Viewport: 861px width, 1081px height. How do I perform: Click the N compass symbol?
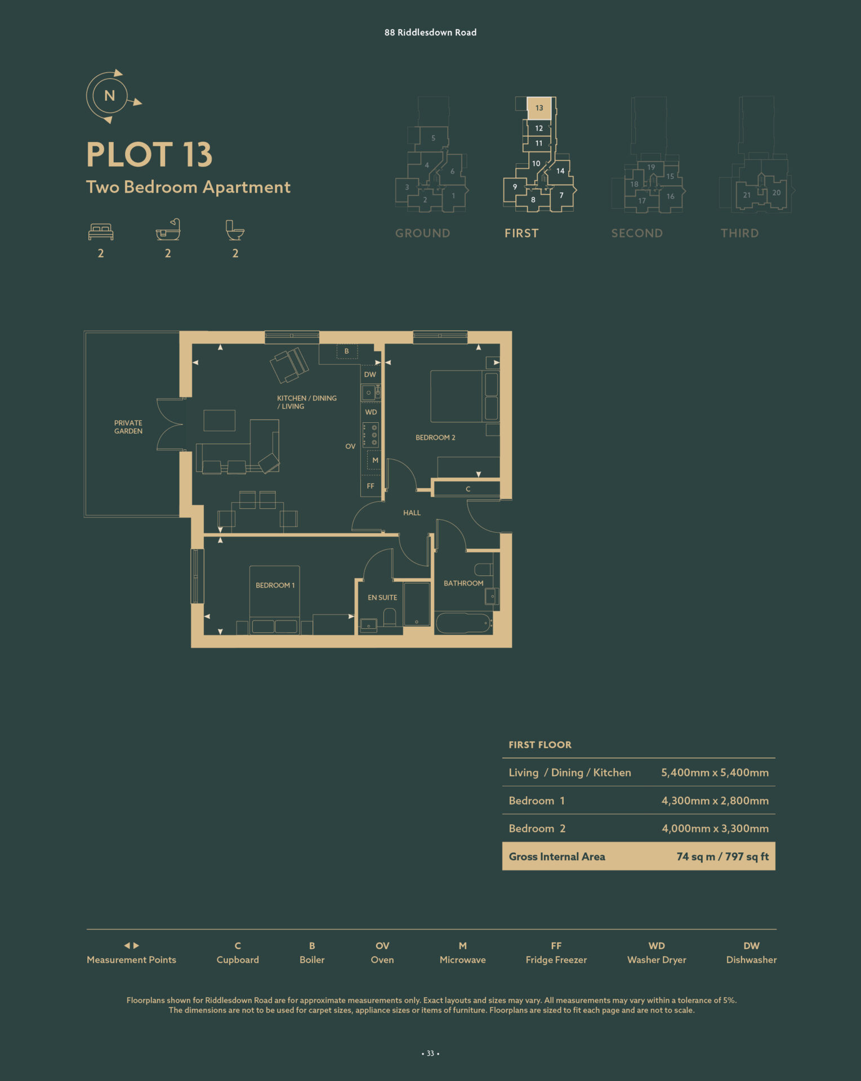110,96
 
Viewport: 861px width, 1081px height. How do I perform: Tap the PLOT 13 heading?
149,154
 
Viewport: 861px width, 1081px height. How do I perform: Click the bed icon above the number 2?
101,231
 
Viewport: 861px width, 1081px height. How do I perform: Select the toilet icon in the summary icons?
235,230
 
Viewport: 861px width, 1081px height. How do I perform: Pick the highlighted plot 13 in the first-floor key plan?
539,108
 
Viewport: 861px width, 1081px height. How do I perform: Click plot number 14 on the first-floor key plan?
560,171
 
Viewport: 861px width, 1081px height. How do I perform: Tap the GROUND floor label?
423,233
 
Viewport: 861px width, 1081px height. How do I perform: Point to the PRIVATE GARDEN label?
128,427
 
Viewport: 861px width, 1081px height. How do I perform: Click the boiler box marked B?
347,351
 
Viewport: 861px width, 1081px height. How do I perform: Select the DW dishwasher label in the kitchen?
370,374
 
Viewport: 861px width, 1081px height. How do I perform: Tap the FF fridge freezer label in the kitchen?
371,486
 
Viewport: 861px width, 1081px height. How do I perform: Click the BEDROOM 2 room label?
435,437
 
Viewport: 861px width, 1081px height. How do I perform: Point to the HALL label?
412,513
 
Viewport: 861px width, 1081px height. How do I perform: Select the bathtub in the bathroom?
464,623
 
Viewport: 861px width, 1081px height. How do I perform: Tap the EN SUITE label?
382,597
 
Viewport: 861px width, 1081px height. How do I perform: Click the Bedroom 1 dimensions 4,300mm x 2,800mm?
715,801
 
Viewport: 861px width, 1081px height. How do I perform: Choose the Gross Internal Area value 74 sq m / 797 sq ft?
722,856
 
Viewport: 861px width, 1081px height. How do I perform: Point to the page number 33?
430,1053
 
